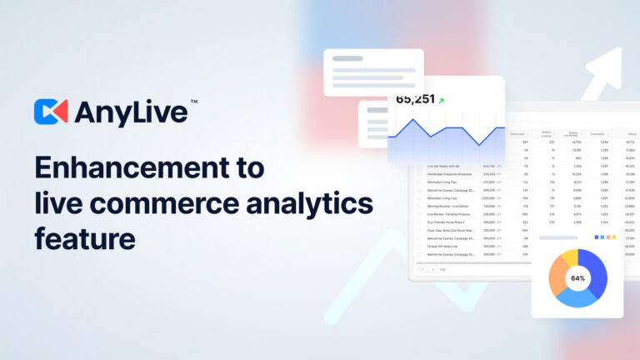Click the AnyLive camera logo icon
pos(51,112)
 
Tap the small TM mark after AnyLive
pos(193,102)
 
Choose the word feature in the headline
pos(84,239)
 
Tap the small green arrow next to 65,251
pos(441,101)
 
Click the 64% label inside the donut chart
pos(577,278)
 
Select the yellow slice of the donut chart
pos(570,258)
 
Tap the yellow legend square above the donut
pos(613,237)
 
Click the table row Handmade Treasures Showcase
pos(454,173)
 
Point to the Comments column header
pos(597,133)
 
